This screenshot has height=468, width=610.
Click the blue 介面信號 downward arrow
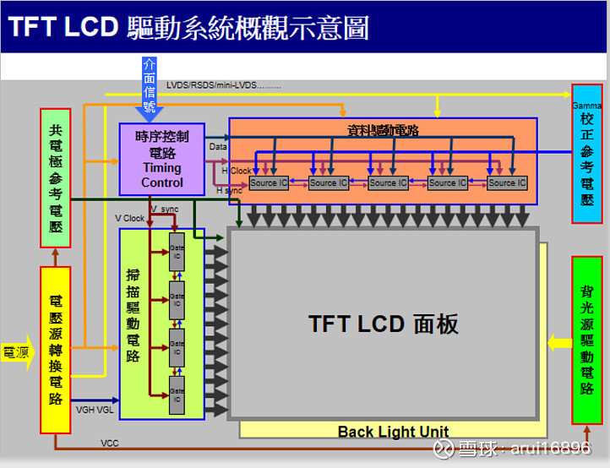150,88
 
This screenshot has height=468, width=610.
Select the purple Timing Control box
162,160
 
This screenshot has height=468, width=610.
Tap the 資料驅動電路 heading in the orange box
383,130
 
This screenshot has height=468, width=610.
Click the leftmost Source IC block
269,182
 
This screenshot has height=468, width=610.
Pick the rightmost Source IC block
507,182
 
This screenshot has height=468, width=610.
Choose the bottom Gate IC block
177,394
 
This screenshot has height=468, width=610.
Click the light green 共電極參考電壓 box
57,177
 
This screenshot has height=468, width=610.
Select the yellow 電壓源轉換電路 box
57,350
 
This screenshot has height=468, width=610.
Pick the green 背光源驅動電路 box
586,340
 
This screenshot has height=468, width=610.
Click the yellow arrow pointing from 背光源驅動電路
558,342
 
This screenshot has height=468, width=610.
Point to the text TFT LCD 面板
383,324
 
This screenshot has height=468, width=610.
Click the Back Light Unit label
393,431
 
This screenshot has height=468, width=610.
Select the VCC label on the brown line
110,443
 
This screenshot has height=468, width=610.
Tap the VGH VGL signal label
95,409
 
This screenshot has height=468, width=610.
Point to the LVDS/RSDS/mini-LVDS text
223,85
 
